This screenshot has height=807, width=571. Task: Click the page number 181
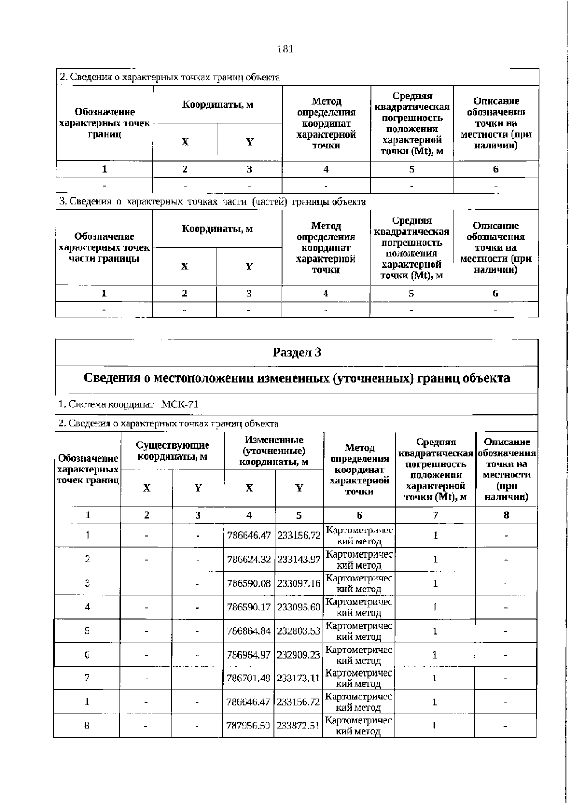(x=285, y=49)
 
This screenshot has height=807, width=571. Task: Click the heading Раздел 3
(x=297, y=353)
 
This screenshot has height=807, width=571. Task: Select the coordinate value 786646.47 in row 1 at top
(x=249, y=535)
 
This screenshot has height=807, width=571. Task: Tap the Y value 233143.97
(x=299, y=560)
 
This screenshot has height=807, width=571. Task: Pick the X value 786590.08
(x=249, y=583)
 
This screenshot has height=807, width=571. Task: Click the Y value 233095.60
(x=299, y=607)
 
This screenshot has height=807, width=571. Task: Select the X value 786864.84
(x=249, y=631)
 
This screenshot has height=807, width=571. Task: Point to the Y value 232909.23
(x=299, y=655)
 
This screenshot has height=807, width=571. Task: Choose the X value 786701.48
(x=249, y=678)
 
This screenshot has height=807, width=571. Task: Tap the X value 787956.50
(x=248, y=726)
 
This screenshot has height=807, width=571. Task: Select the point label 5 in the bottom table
(x=87, y=631)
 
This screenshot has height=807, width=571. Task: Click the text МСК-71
(x=180, y=405)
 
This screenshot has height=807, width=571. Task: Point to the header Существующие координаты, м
(x=172, y=451)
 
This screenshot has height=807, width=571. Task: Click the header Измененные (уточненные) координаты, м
(x=274, y=451)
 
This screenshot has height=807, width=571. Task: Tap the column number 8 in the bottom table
(x=506, y=515)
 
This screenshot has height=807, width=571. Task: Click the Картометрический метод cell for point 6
(x=359, y=655)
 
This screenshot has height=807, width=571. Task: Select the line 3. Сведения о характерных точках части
(x=213, y=202)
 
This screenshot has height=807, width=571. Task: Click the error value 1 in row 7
(x=434, y=678)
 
